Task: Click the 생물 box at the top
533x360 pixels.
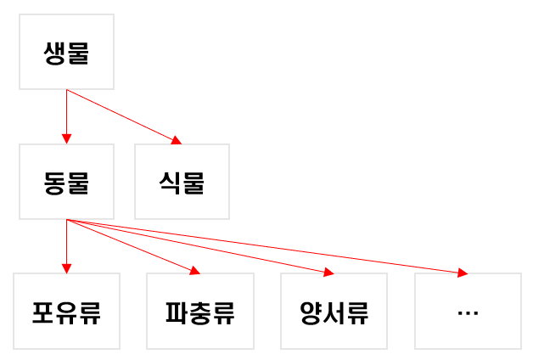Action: [x=66, y=52]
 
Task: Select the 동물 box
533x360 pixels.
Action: [x=66, y=182]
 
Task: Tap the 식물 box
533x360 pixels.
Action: [x=182, y=182]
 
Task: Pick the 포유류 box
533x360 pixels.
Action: [x=66, y=311]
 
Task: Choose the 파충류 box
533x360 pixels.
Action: [x=199, y=311]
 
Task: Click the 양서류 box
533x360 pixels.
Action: [x=334, y=311]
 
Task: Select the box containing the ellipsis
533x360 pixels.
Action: [x=468, y=311]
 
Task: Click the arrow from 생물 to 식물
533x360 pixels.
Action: [x=123, y=115]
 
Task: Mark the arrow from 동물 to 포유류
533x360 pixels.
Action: [x=66, y=246]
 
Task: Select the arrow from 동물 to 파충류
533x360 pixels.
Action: [x=132, y=246]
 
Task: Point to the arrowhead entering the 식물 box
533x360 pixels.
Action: [x=177, y=140]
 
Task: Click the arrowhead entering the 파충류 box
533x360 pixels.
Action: [x=194, y=271]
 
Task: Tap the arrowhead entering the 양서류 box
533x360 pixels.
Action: [x=328, y=272]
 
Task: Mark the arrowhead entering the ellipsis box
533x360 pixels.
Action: [x=463, y=273]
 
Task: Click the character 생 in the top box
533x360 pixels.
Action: [x=54, y=53]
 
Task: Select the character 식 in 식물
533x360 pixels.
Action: [x=170, y=183]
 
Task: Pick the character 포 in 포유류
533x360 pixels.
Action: [x=43, y=312]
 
